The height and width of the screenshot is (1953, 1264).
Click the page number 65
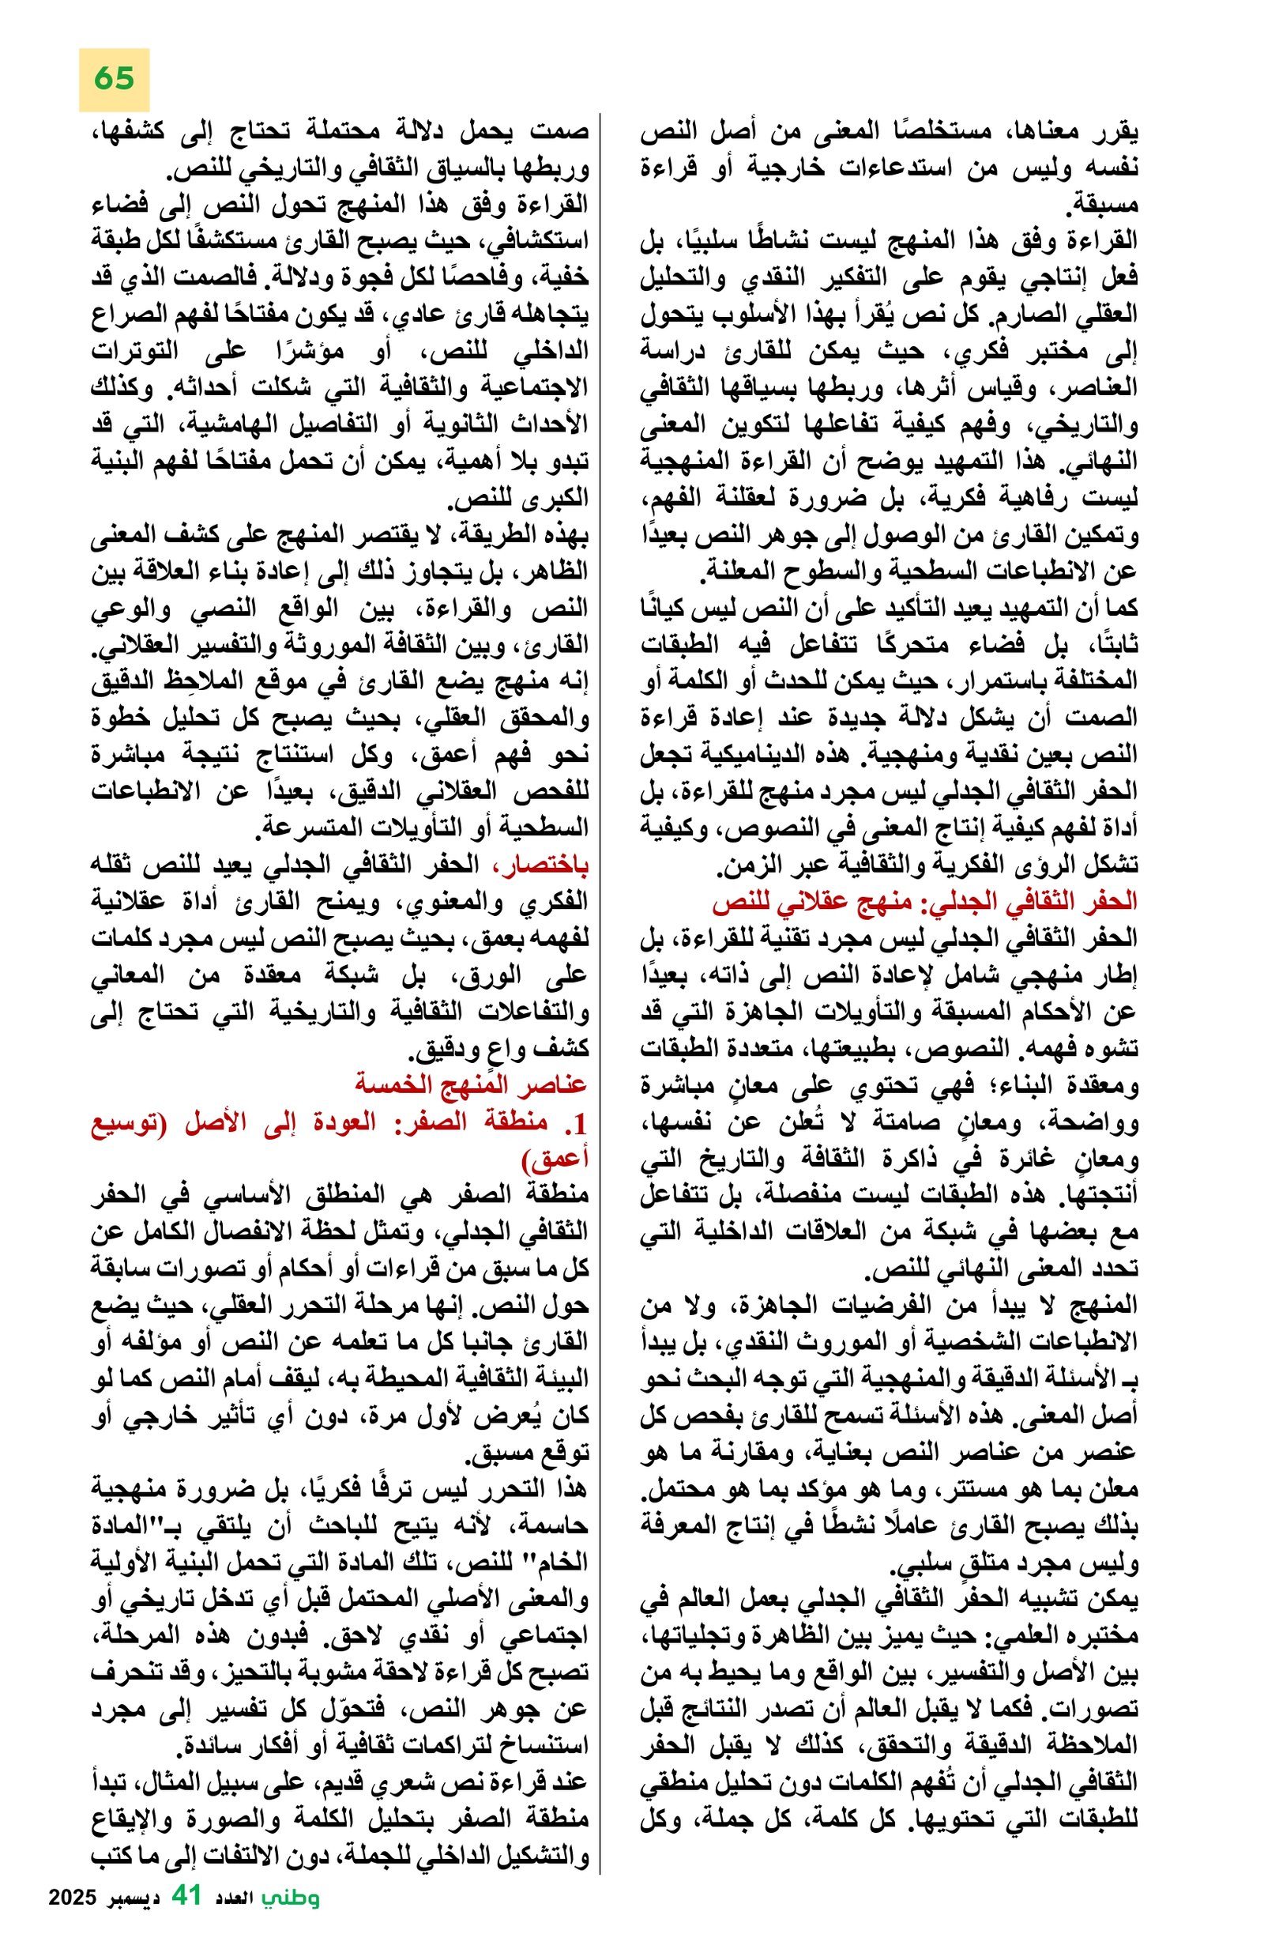click(x=113, y=79)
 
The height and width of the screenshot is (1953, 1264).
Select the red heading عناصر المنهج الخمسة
click(x=471, y=1084)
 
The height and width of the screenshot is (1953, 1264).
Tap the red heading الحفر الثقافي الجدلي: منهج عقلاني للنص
click(x=924, y=901)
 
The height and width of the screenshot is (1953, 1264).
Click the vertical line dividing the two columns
click(x=600, y=985)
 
